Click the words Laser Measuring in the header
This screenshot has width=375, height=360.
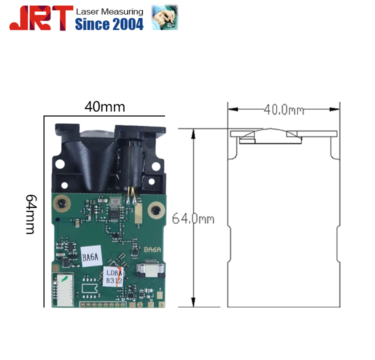click(x=109, y=11)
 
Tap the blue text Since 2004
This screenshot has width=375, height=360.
click(x=109, y=24)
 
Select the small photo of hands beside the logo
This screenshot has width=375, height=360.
click(x=164, y=17)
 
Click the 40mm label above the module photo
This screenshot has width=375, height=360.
click(x=104, y=106)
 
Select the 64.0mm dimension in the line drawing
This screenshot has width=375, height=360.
click(x=193, y=218)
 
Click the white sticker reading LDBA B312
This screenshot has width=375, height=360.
click(x=113, y=276)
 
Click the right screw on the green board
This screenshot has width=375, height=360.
click(x=158, y=209)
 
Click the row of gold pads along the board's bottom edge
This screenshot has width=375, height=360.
click(x=105, y=303)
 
